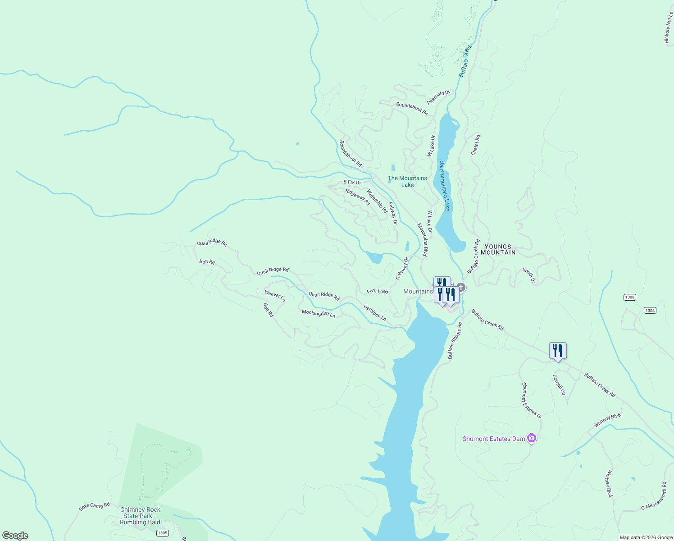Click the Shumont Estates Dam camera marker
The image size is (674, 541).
pos(532,438)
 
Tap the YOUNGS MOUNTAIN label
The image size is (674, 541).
pos(498,250)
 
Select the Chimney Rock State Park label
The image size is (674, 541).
pos(140,516)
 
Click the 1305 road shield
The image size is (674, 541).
pos(163,533)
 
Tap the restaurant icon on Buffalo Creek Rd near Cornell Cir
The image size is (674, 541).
pos(558,351)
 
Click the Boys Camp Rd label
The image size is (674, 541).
pos(94,506)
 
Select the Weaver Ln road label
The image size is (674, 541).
pos(275,296)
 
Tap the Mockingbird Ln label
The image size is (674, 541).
pos(319,313)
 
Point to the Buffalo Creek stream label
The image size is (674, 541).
pos(465,60)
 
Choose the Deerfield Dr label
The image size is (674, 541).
pos(438,97)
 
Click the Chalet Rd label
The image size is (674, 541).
pos(475,145)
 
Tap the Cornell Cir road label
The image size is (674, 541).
pos(559,385)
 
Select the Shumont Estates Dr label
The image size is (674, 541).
pos(531,400)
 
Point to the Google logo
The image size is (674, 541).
pos(15,536)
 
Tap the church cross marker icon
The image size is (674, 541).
pos(460,287)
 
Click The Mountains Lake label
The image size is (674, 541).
pos(407,181)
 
